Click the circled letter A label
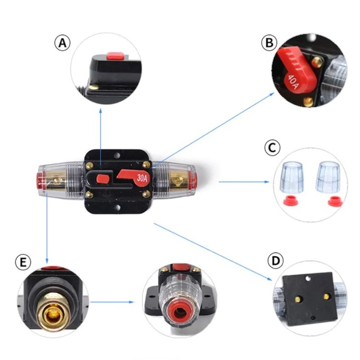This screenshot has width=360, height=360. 62,43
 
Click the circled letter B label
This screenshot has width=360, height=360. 269,43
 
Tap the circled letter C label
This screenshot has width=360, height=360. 271,147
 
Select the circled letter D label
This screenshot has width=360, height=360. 275,261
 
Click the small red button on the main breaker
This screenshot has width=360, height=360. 102,177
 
